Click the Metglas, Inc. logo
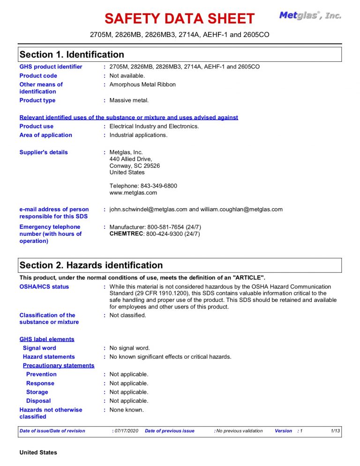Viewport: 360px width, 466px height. click(310, 15)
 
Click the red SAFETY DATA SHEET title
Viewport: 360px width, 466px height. click(180, 19)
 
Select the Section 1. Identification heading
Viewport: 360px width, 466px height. click(72, 54)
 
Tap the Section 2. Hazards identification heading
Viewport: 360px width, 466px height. click(91, 265)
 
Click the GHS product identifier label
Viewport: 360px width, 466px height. click(51, 67)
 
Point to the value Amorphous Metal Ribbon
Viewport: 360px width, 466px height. click(142, 84)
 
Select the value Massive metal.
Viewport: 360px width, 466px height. click(129, 100)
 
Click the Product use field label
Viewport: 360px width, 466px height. click(37, 126)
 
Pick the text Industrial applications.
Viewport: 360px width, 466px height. click(138, 135)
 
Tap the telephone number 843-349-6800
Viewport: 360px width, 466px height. click(159, 186)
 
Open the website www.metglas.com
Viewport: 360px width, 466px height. click(133, 193)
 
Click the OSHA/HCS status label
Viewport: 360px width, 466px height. click(44, 286)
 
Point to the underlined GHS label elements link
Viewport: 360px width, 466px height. click(47, 339)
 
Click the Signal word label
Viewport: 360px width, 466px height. click(39, 348)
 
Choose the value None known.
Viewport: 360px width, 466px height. click(127, 410)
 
